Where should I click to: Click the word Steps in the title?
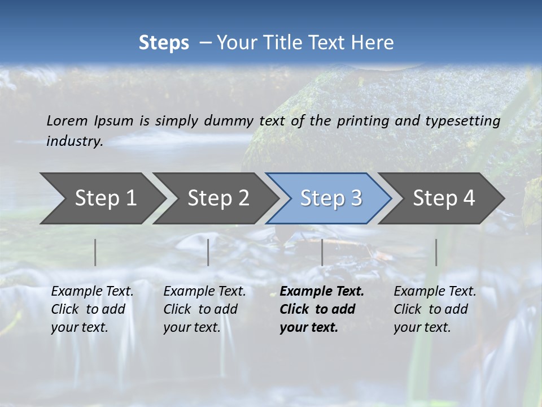click(164, 43)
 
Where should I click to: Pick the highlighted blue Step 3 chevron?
click(331, 198)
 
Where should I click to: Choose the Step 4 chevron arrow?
click(444, 198)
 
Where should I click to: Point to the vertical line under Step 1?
click(95, 252)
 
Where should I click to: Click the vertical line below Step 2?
click(208, 252)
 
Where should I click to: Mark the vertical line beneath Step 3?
click(322, 252)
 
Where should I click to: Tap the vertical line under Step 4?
click(436, 252)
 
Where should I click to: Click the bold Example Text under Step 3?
click(322, 292)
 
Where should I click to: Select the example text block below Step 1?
click(92, 309)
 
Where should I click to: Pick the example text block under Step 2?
click(204, 309)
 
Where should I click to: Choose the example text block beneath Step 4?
click(435, 309)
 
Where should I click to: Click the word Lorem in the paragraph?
click(67, 120)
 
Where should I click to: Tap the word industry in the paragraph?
click(75, 141)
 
